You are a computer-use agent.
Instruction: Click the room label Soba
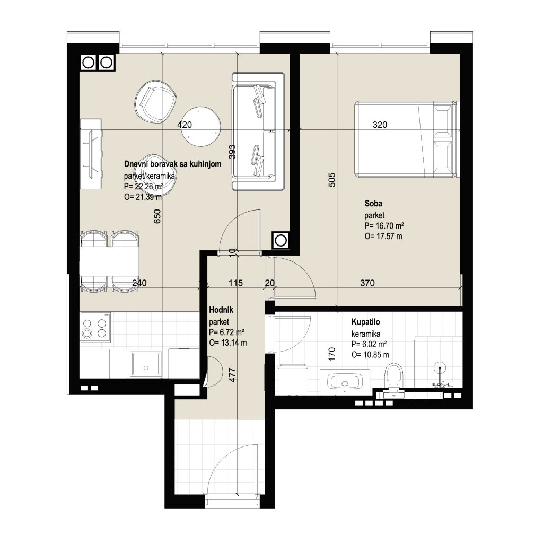pos(373,203)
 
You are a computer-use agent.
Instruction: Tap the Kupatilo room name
pos(366,322)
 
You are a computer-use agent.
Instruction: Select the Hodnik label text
pos(221,310)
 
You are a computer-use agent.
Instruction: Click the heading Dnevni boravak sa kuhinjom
pos(172,164)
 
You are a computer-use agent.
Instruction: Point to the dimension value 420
pos(185,125)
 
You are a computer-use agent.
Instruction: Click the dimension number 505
pos(332,180)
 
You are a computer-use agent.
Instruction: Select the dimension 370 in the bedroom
pos(367,283)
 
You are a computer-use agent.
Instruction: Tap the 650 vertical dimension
pos(157,216)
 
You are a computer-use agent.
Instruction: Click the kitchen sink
pos(146,365)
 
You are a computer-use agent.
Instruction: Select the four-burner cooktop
pos(95,328)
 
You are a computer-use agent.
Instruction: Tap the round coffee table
pos(202,126)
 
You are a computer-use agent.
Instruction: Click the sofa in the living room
pos(258,132)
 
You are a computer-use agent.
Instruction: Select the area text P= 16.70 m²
pos(384,226)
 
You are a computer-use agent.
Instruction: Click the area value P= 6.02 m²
pos(369,344)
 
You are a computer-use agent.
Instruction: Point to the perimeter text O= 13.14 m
pos(228,343)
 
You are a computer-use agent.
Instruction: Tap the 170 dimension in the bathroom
pos(332,354)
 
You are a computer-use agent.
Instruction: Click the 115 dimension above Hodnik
pos(235,283)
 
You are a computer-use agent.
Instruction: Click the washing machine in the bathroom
pos(293,379)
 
